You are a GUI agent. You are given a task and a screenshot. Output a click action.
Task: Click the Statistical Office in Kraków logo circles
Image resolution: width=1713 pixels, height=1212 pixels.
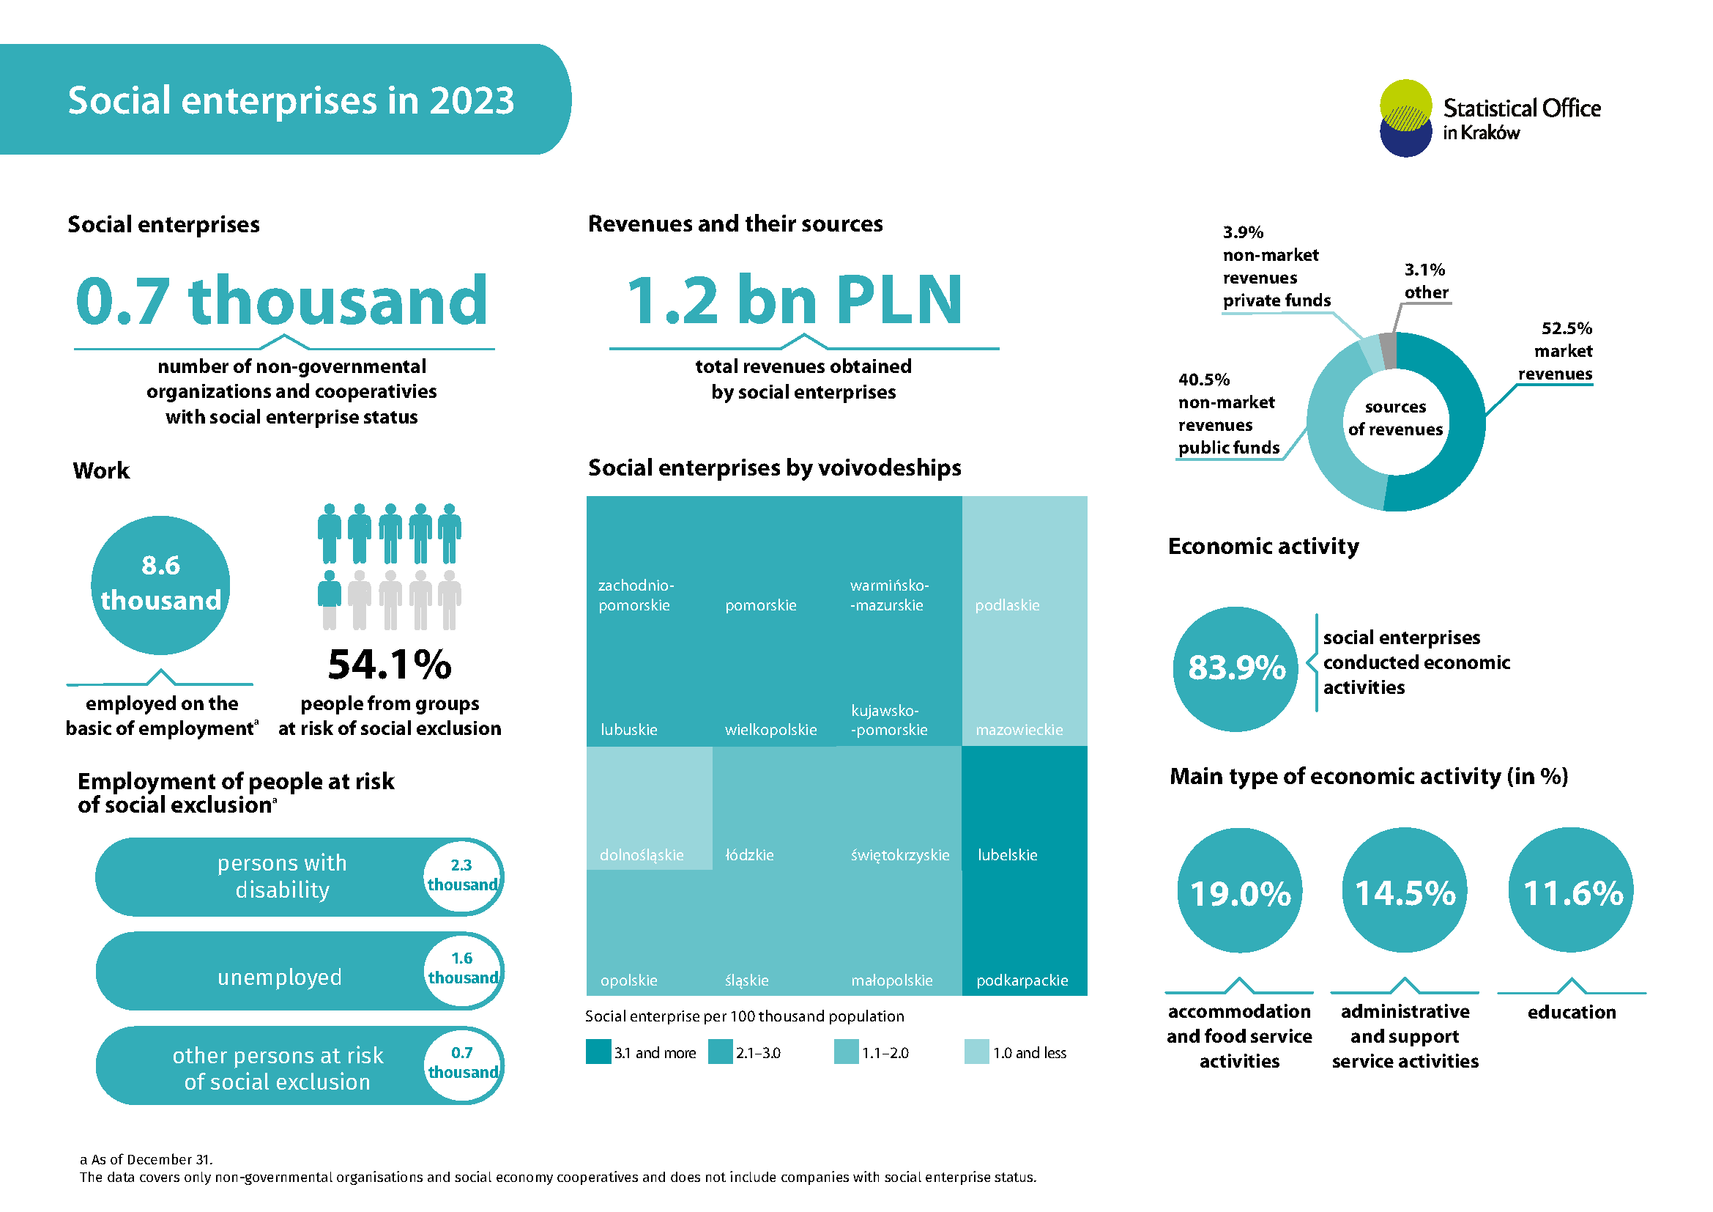(1405, 118)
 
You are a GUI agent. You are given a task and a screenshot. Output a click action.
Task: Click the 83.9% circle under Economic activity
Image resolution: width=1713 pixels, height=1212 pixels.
(1235, 669)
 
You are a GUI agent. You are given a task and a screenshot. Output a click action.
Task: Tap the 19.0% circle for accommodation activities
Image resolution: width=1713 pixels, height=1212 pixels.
(1240, 891)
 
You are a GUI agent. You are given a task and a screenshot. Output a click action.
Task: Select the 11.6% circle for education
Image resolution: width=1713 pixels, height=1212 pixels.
(1571, 891)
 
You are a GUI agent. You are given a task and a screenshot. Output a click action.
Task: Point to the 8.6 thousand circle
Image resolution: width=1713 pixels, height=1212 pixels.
(160, 584)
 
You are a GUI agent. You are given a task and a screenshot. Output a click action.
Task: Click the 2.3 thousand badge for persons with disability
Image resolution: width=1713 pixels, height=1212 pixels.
(462, 876)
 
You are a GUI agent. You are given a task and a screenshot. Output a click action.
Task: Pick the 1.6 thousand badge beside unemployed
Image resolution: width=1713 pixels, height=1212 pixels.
(462, 969)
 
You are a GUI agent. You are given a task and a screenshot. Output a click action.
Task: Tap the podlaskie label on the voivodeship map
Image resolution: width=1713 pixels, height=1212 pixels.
(1006, 605)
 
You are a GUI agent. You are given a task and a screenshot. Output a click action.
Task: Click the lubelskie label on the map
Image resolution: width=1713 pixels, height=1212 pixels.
(1007, 855)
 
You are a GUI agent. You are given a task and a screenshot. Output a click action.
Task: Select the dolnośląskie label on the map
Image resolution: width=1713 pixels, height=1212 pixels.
(641, 855)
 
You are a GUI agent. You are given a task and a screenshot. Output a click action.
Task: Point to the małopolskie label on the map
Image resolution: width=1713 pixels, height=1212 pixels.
(891, 980)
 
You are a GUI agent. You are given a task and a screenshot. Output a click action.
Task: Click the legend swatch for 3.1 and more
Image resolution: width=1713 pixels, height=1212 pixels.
(598, 1052)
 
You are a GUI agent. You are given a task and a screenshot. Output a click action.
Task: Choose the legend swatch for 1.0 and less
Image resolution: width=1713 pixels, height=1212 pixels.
(976, 1052)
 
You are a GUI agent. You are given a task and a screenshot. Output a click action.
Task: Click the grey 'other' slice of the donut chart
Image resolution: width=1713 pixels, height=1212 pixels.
(1387, 350)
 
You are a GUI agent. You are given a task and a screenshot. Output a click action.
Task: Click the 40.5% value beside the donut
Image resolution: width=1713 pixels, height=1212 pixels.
(1203, 379)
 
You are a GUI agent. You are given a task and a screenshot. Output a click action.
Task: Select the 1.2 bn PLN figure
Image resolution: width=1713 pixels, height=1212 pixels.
(794, 300)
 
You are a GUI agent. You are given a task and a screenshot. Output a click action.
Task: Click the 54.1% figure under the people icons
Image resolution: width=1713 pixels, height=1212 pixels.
(390, 664)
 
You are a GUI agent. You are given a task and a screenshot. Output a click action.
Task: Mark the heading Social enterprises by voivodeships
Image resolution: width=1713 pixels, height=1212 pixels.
(773, 468)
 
